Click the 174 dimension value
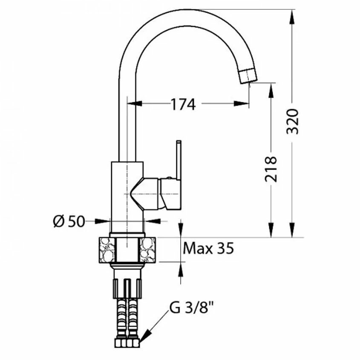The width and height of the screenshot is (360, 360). pos(183,104)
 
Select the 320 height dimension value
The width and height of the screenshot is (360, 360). pos(293,121)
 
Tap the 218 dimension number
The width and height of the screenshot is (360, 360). pos(271,169)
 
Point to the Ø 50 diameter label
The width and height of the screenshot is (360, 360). pos(69,222)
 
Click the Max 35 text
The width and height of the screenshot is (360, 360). pos(208,248)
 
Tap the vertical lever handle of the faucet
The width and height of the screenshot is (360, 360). pos(179,160)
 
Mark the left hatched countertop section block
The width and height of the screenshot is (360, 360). pos(107,250)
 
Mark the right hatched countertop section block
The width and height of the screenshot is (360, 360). pos(148,250)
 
